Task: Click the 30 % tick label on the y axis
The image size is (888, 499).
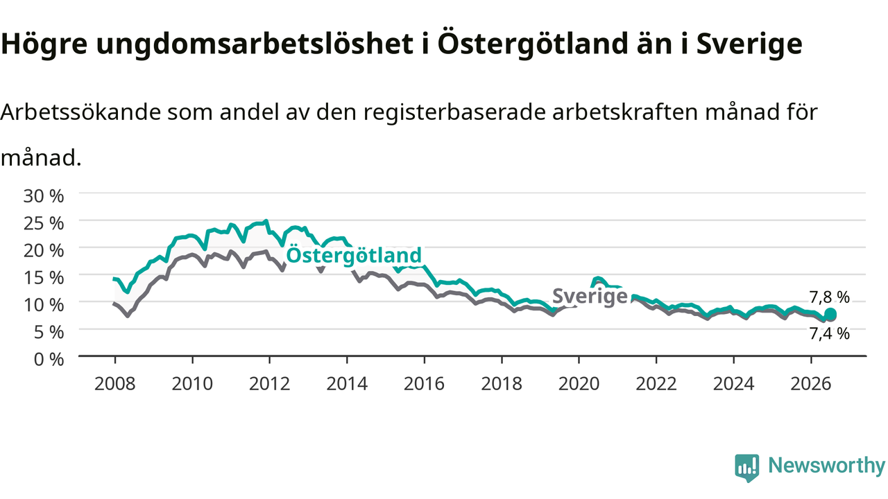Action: [44, 196]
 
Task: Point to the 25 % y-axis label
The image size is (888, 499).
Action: [44, 223]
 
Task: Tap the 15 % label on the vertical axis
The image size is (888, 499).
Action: [44, 278]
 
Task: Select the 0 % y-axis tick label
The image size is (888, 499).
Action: [49, 360]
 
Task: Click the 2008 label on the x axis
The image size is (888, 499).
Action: [115, 384]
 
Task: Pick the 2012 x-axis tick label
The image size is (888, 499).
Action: [270, 384]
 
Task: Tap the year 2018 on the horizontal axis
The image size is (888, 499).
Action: [502, 384]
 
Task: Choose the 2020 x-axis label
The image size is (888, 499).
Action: [579, 384]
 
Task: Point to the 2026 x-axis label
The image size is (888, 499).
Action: [811, 384]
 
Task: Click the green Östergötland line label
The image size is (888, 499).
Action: [354, 255]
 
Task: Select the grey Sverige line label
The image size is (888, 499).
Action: [590, 296]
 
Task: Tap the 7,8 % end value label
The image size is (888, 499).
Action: [829, 297]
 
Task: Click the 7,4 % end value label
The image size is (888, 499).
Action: [829, 334]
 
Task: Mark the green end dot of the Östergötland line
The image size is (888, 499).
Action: [830, 314]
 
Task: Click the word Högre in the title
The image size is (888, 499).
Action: [44, 44]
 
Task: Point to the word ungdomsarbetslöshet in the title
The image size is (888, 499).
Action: [255, 44]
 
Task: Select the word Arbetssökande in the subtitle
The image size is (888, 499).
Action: [81, 112]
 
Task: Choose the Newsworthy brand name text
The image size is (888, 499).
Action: [827, 466]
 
